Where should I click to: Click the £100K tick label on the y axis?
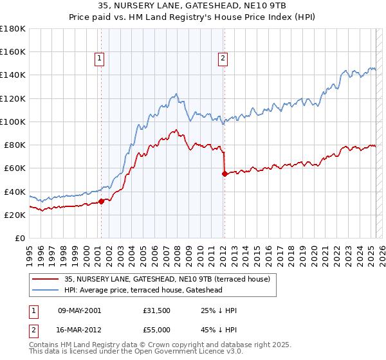click(x=13, y=122)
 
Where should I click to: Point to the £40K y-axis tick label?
click(x=15, y=192)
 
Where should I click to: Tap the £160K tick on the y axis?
click(x=13, y=51)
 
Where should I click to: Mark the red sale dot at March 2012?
click(x=224, y=174)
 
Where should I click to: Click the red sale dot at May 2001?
click(x=101, y=201)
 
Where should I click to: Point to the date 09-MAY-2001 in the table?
click(x=79, y=310)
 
